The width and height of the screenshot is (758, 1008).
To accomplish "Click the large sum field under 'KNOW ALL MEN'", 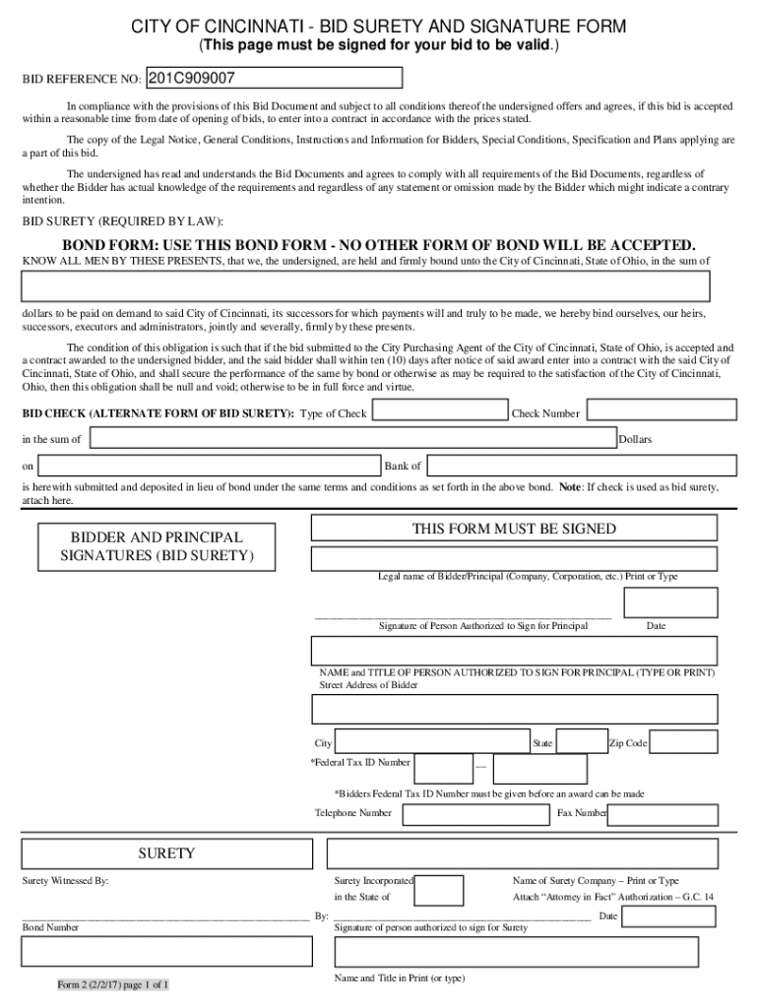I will (x=366, y=285).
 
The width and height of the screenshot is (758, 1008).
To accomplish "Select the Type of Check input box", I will (x=438, y=411).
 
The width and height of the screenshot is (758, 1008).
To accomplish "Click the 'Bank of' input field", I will (x=581, y=465).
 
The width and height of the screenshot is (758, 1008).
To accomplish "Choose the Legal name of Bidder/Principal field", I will (x=524, y=559).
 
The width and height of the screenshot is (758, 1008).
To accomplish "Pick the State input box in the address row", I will (x=582, y=742).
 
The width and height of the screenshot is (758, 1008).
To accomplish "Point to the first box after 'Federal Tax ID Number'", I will (x=443, y=768).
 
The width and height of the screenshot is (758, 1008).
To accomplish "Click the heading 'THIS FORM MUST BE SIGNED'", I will (x=514, y=529).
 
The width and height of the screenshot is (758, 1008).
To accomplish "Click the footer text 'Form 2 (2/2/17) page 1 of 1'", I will (x=112, y=984).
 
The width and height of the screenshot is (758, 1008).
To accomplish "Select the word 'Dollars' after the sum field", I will (x=636, y=439).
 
